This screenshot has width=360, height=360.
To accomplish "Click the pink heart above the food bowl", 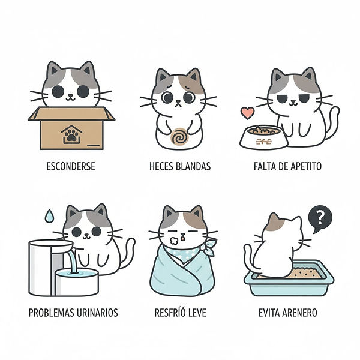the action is click(x=247, y=113).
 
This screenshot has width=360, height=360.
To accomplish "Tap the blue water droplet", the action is click(x=49, y=216).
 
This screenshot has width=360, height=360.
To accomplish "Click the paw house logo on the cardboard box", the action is click(x=71, y=134).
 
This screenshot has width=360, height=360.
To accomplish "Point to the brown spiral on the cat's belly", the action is click(x=179, y=137).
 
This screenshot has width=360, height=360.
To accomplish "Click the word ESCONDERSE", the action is click(x=71, y=166).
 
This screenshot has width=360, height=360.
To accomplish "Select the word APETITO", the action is click(x=306, y=166).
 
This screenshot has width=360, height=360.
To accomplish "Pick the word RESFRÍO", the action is click(x=169, y=313).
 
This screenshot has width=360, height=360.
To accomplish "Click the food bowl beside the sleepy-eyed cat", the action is click(x=264, y=137).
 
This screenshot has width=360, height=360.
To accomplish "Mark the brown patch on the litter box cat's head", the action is click(x=275, y=222).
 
